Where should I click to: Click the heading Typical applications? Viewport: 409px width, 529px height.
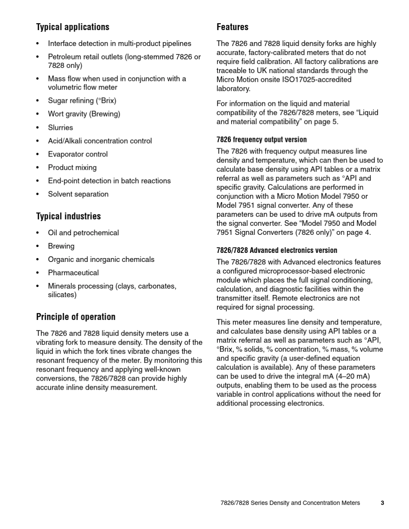click(x=73, y=27)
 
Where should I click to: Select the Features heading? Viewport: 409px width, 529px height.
click(x=232, y=27)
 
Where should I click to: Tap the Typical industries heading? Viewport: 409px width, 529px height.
click(x=68, y=216)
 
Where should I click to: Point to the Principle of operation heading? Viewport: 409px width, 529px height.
click(x=76, y=317)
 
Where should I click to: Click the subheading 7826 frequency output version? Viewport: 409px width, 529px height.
click(x=261, y=139)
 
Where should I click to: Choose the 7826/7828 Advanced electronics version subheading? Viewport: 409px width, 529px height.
click(x=277, y=250)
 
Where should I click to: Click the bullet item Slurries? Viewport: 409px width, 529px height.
click(x=60, y=128)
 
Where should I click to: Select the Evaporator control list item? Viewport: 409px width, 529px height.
click(x=78, y=154)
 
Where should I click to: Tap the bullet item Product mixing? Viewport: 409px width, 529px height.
click(x=72, y=168)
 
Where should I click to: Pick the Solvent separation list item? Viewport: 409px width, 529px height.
click(x=78, y=194)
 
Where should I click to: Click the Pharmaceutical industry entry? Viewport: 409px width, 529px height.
click(x=73, y=273)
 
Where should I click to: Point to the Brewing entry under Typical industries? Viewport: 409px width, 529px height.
click(x=61, y=246)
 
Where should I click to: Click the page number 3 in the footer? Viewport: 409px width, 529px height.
click(x=382, y=503)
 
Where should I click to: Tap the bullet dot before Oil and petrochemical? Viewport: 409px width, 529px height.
click(x=38, y=233)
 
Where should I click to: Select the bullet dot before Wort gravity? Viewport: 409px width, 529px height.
click(x=38, y=114)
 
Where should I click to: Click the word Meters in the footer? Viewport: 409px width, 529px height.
click(x=350, y=503)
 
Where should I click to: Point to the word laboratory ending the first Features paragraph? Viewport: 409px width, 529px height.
click(x=233, y=89)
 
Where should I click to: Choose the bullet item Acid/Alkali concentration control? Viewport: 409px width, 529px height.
click(x=100, y=141)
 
